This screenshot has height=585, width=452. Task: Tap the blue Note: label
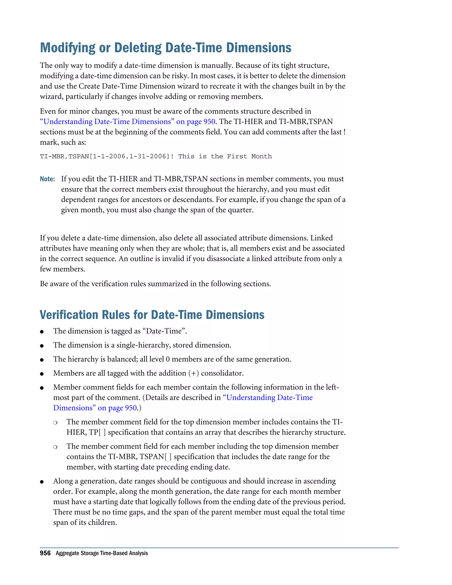pyautogui.click(x=47, y=179)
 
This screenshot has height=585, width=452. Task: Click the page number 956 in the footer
pyautogui.click(x=45, y=553)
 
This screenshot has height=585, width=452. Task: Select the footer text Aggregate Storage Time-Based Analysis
pyautogui.click(x=102, y=553)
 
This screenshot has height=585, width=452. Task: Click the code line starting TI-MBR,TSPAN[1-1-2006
pyautogui.click(x=155, y=157)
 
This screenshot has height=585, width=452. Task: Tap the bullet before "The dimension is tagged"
pyautogui.click(x=42, y=332)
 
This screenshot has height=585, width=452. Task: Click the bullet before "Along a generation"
pyautogui.click(x=42, y=482)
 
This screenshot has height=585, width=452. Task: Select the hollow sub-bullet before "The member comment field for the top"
pyautogui.click(x=55, y=423)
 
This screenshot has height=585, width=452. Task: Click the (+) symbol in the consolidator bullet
pyautogui.click(x=193, y=373)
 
